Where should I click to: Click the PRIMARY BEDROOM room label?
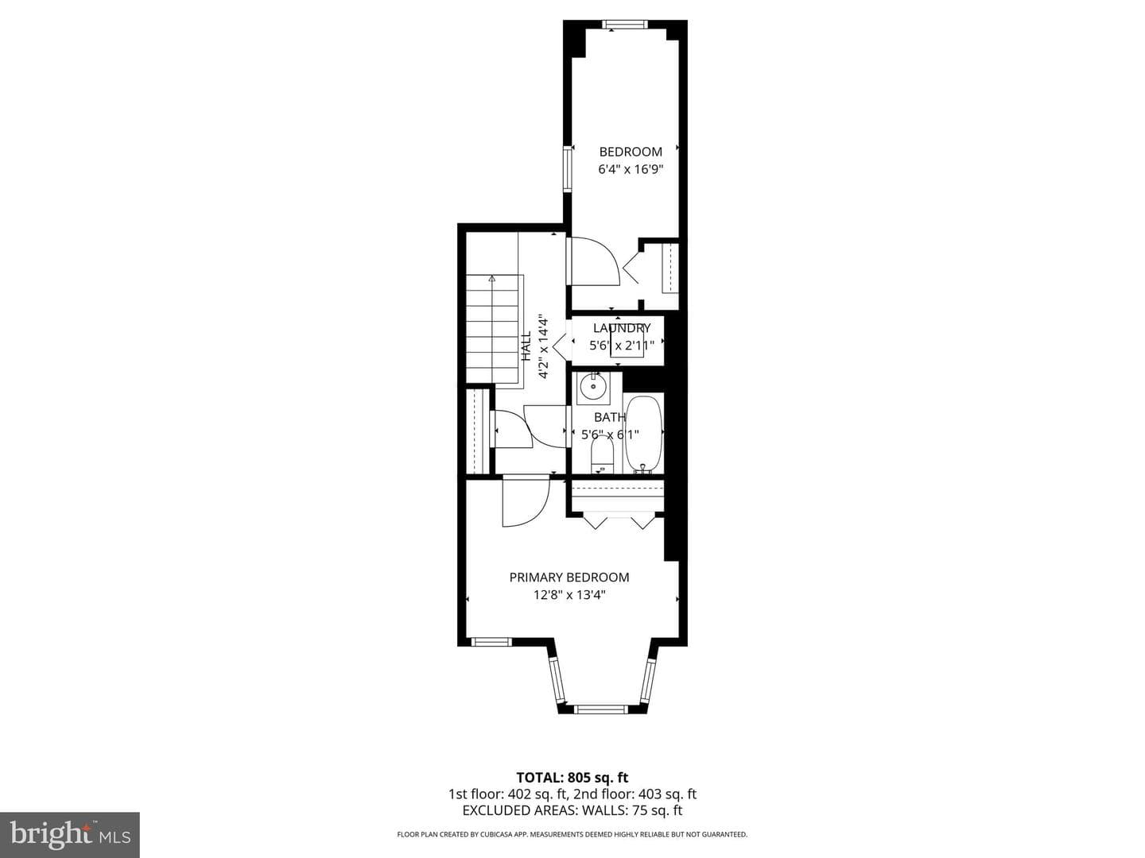click(x=569, y=578)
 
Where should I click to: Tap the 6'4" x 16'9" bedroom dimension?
click(x=630, y=169)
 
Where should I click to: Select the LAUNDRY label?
click(x=622, y=328)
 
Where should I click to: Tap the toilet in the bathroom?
click(x=603, y=455)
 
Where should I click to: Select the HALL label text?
click(x=526, y=346)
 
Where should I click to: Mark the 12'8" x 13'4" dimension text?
click(x=569, y=595)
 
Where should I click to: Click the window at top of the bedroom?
click(x=624, y=24)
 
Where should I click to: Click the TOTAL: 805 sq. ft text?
click(x=572, y=778)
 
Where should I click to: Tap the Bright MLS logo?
click(x=70, y=835)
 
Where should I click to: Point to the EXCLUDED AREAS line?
click(x=572, y=810)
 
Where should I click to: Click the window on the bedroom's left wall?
click(x=567, y=168)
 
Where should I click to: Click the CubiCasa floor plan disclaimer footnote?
click(x=572, y=834)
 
